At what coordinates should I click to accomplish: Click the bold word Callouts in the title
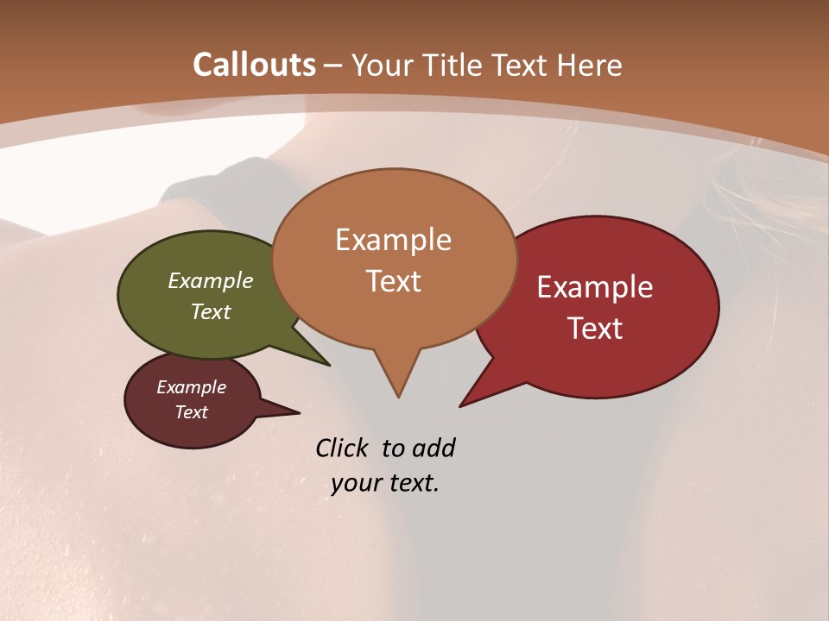tap(254, 65)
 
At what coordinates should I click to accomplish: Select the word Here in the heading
tap(590, 65)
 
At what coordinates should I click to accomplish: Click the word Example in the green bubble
tap(211, 280)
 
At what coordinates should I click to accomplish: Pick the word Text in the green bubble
tap(211, 311)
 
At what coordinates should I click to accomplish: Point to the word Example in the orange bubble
tap(393, 240)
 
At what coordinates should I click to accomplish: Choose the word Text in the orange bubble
tap(393, 281)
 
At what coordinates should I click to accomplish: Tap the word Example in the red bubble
tap(595, 287)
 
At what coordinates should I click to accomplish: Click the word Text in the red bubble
tap(595, 329)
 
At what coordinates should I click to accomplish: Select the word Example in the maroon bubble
tap(192, 387)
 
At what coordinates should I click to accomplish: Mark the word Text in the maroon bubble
tap(192, 412)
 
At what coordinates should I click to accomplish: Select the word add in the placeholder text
tap(433, 448)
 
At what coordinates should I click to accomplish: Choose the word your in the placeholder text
tap(354, 483)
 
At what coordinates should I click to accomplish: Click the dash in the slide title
tap(333, 66)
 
